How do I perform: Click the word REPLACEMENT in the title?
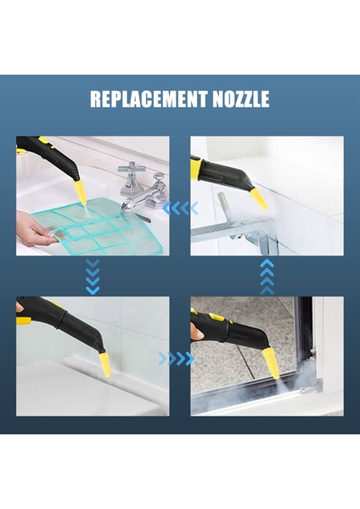149,100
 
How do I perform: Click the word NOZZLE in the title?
240,100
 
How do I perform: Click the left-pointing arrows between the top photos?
180,208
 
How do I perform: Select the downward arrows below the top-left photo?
93,277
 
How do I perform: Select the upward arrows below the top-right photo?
267,277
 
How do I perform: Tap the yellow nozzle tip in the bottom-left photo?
104,366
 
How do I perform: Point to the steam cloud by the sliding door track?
255,394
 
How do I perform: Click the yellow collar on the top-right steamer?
197,167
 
